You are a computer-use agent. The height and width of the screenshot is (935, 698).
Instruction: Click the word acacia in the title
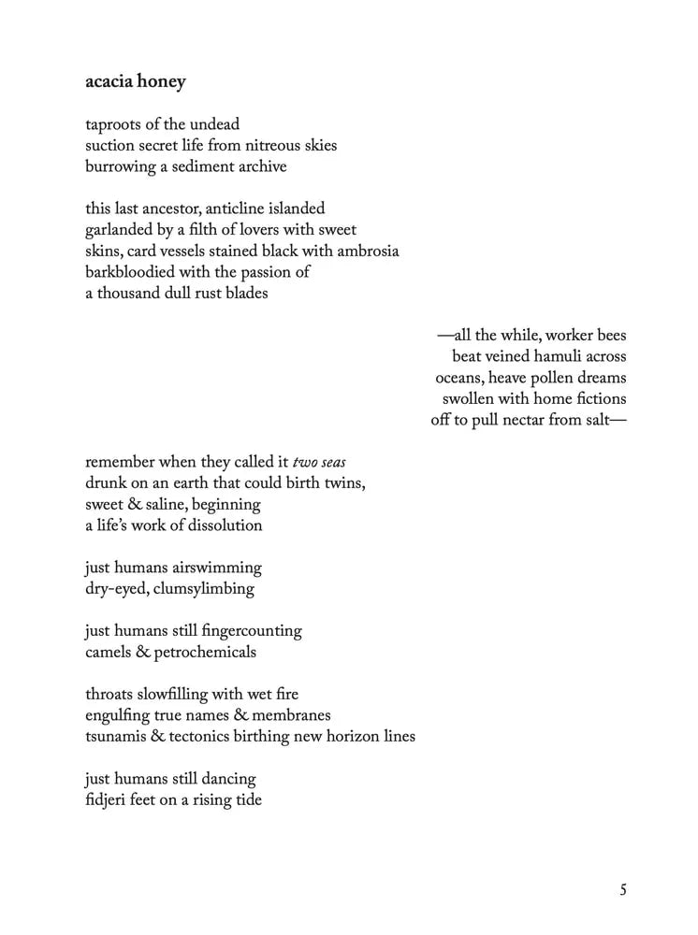[x=109, y=82]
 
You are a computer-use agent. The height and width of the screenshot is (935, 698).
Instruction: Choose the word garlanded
[x=122, y=230]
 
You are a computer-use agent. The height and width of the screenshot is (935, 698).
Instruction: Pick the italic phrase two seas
[x=320, y=463]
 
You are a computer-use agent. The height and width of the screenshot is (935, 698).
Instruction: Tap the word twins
[x=342, y=483]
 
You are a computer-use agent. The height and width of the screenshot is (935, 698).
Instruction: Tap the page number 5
[x=623, y=890]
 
